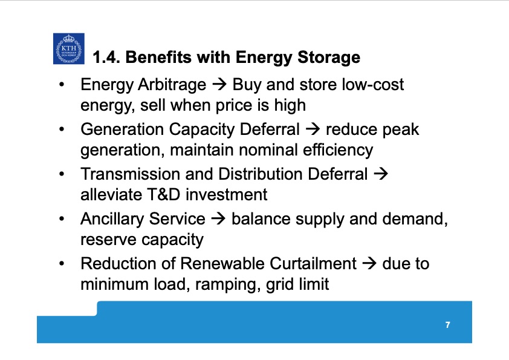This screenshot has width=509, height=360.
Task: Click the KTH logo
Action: pyautogui.click(x=68, y=48)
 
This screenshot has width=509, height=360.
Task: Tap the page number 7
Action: pyautogui.click(x=447, y=326)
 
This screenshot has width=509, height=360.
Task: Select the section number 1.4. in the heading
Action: pyautogui.click(x=106, y=58)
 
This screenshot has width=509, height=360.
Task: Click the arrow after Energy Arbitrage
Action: pyautogui.click(x=220, y=85)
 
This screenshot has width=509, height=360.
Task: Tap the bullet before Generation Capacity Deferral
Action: pyautogui.click(x=62, y=129)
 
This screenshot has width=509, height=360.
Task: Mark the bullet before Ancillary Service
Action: pyautogui.click(x=62, y=219)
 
